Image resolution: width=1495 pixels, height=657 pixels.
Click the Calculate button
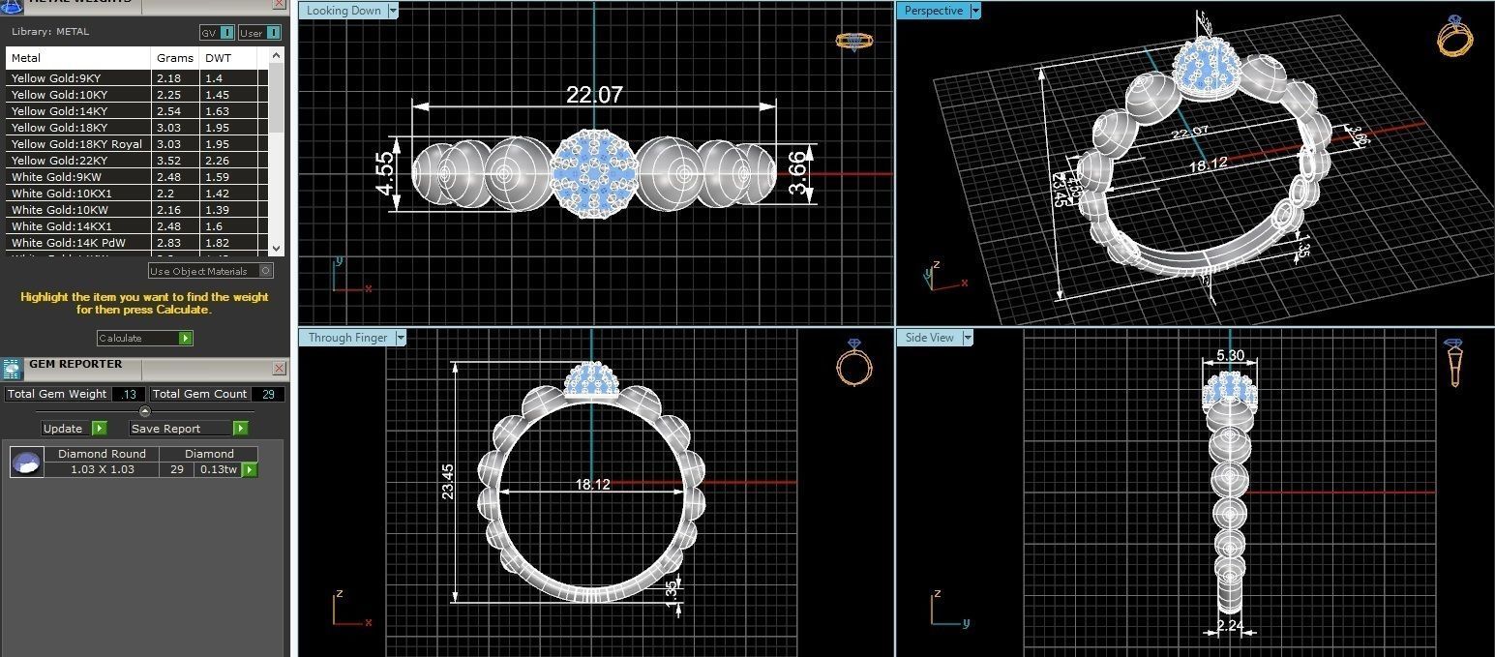coord(144,338)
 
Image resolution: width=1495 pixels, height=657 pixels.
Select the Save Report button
coord(189,429)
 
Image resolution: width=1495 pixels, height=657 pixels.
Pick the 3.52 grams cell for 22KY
coord(168,161)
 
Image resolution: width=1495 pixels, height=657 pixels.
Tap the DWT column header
coord(219,58)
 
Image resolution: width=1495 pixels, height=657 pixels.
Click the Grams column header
coord(174,58)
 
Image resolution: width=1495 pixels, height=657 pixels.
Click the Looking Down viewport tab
coord(344,11)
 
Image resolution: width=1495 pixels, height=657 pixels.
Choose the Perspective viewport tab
coord(934,11)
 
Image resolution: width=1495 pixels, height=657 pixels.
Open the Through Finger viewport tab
coord(348,338)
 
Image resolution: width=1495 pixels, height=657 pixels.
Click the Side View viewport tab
coord(930,338)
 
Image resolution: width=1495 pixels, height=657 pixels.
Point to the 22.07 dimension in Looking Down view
coord(594,94)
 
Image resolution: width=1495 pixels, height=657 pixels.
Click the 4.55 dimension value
coord(384,172)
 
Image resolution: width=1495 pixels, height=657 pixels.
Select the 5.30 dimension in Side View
coord(1230,356)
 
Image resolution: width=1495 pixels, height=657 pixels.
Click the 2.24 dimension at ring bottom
coord(1230,625)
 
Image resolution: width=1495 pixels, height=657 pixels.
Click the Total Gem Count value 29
coord(268,394)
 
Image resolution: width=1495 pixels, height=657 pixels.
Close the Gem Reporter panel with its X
coord(279,368)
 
